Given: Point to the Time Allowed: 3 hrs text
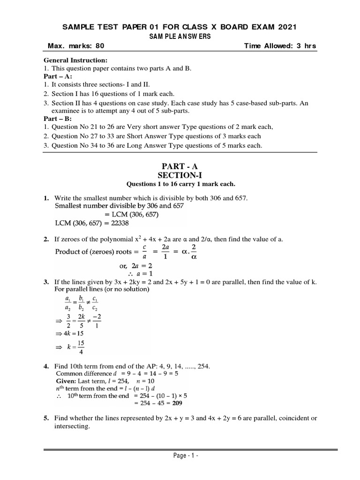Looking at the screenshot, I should (x=280, y=46).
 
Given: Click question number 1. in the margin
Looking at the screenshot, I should (x=47, y=199).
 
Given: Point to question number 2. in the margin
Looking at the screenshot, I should (x=47, y=240).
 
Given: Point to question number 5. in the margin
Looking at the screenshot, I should (x=47, y=418).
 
